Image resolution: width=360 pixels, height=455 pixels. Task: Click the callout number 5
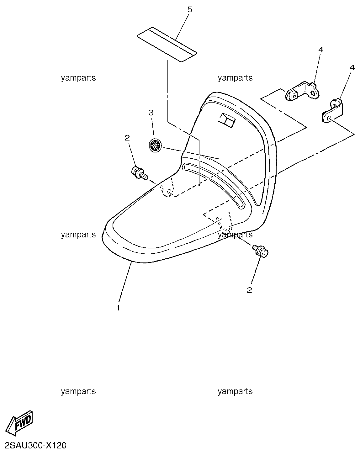[190, 10]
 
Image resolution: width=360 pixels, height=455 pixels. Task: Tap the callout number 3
[151, 113]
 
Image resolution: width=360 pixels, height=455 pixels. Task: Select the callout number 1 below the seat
[118, 308]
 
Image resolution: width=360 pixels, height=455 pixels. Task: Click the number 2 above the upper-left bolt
[127, 138]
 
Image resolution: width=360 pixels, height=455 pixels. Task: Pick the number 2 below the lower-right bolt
[250, 290]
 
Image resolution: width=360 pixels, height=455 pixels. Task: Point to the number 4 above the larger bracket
[321, 50]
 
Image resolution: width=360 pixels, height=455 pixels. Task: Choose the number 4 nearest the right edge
[352, 68]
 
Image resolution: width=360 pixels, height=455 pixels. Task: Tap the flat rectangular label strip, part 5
[167, 45]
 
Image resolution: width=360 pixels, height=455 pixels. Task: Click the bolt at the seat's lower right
[260, 250]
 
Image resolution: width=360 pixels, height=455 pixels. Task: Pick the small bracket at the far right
[332, 111]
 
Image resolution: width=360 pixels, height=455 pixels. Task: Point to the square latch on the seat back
[227, 120]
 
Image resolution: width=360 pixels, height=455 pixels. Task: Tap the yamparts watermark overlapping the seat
[235, 235]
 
